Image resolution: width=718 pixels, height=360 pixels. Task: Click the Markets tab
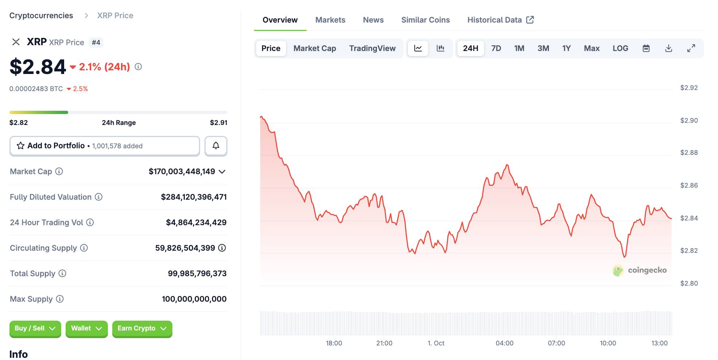pyautogui.click(x=330, y=20)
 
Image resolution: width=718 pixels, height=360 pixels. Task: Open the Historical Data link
pyautogui.click(x=500, y=20)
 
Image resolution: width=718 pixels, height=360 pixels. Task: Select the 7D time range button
pyautogui.click(x=496, y=48)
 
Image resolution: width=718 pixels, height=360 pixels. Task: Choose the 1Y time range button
pyautogui.click(x=566, y=48)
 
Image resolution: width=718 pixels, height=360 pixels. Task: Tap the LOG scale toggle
pyautogui.click(x=620, y=48)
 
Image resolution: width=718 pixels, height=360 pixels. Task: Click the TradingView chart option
pyautogui.click(x=372, y=48)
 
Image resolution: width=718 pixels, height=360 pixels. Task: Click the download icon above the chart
pyautogui.click(x=668, y=48)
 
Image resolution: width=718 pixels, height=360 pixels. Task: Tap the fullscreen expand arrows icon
pyautogui.click(x=691, y=48)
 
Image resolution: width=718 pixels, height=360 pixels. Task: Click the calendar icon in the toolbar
pyautogui.click(x=646, y=48)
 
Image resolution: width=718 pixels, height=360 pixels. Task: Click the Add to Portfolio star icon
pyautogui.click(x=21, y=146)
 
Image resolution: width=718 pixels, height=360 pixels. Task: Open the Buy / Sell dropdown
pyautogui.click(x=35, y=329)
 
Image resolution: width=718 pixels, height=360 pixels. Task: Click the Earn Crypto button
pyautogui.click(x=142, y=329)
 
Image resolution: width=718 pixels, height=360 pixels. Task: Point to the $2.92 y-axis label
pyautogui.click(x=689, y=88)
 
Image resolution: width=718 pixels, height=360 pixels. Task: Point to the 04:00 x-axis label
pyautogui.click(x=504, y=343)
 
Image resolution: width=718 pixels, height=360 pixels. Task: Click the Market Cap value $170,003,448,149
pyautogui.click(x=182, y=172)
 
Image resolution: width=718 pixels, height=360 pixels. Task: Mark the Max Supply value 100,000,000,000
pyautogui.click(x=194, y=299)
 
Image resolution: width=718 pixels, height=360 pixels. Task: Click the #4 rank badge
pyautogui.click(x=96, y=43)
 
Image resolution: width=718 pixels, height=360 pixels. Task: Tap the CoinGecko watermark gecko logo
pyautogui.click(x=618, y=270)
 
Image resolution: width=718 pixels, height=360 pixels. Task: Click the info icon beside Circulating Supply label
pyautogui.click(x=84, y=248)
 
